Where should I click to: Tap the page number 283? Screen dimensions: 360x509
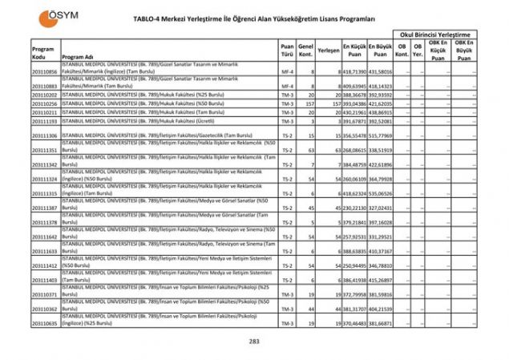pos(254,342)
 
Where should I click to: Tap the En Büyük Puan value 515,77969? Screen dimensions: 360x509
pos(382,136)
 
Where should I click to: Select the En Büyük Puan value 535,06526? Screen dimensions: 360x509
pos(382,193)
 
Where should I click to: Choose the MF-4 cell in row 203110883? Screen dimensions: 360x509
pos(287,86)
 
